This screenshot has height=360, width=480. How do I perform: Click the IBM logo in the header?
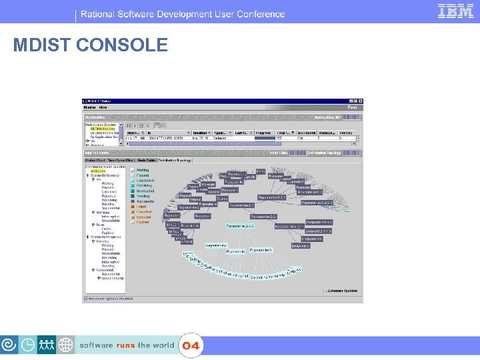pyautogui.click(x=456, y=11)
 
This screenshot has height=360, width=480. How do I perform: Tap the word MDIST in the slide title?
pyautogui.click(x=42, y=45)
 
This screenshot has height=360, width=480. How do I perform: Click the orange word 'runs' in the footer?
pyautogui.click(x=125, y=345)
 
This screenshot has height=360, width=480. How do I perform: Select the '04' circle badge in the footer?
pyautogui.click(x=191, y=346)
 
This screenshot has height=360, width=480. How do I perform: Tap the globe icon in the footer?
pyautogui.click(x=66, y=345)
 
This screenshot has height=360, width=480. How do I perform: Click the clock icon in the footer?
pyautogui.click(x=29, y=345)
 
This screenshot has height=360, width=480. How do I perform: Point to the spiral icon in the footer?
pyautogui.click(x=10, y=345)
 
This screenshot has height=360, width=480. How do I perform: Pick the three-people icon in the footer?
pyautogui.click(x=47, y=345)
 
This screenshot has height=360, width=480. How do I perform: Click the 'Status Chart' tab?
pyautogui.click(x=95, y=160)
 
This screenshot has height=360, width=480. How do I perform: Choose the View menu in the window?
pyautogui.click(x=103, y=107)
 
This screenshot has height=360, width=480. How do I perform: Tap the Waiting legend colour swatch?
pyautogui.click(x=133, y=171)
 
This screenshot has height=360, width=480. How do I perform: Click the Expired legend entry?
pyautogui.click(x=143, y=222)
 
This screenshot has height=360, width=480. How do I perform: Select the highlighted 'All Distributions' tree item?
pyautogui.click(x=103, y=129)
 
